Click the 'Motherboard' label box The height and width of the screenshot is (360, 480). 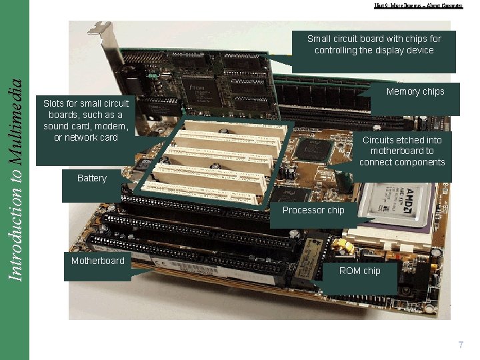tap(98, 261)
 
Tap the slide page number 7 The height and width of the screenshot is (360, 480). tap(460, 345)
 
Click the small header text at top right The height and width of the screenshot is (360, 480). tap(418, 6)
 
